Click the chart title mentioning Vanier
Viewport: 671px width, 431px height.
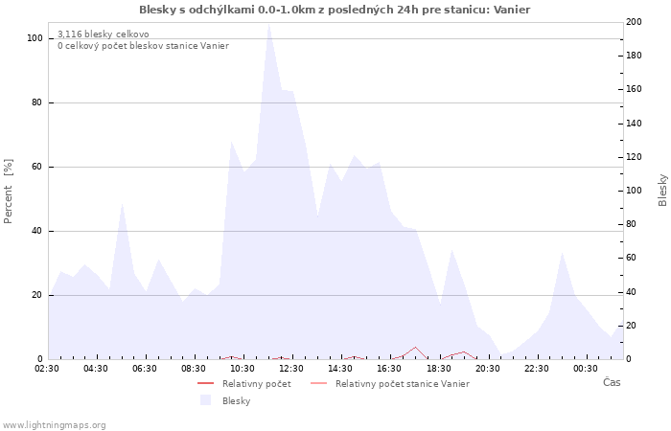[335, 10]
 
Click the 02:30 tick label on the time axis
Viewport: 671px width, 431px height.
[48, 368]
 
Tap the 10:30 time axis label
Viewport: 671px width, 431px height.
[243, 368]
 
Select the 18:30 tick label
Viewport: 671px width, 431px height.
[439, 368]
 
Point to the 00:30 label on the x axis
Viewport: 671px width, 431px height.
[586, 368]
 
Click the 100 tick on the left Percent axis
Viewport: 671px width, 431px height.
[35, 38]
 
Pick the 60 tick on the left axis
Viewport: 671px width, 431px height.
[36, 167]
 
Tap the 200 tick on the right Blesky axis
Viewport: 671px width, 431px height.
[634, 22]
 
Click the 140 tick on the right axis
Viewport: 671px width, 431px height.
[634, 124]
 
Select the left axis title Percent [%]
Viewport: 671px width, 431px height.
[9, 192]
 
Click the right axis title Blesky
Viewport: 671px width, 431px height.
[662, 190]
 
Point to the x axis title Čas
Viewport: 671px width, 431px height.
[611, 382]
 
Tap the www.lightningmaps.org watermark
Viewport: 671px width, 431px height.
[54, 424]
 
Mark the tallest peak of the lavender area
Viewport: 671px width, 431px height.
[269, 24]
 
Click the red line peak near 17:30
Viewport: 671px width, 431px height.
[415, 348]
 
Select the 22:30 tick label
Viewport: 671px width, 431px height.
[537, 368]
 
